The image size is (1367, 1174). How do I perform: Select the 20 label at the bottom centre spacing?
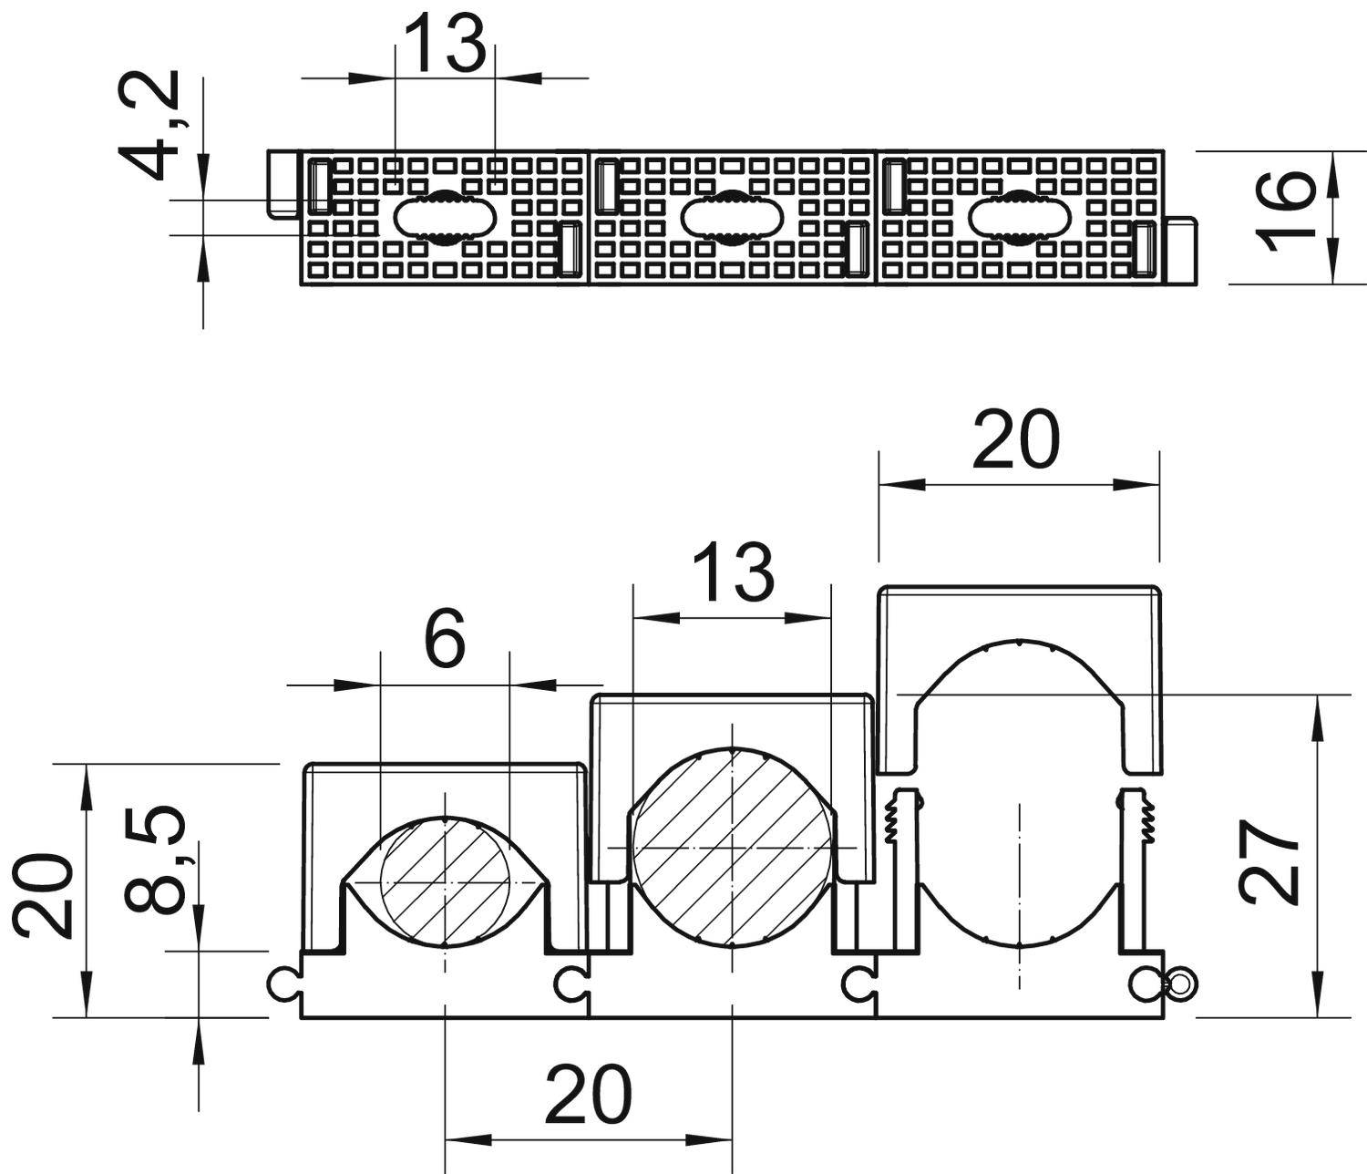click(588, 1094)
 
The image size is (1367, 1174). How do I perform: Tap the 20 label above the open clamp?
click(1016, 439)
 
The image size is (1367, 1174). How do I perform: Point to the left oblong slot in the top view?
click(446, 218)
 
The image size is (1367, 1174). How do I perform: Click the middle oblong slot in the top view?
click(732, 218)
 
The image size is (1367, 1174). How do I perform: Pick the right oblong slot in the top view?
click(1018, 218)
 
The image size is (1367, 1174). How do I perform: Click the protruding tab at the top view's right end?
click(1181, 251)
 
